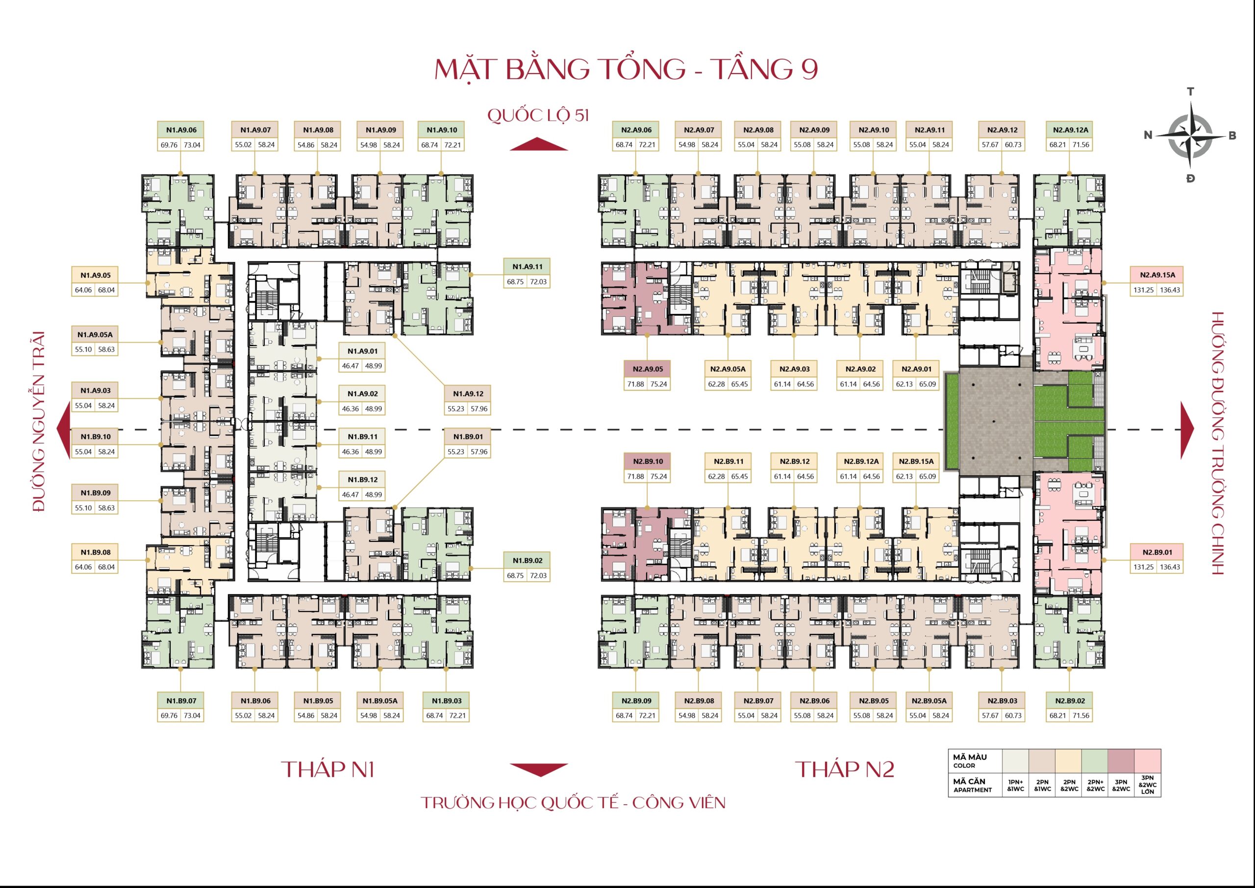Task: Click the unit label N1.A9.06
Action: [x=181, y=129]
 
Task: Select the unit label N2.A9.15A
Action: [x=1156, y=275]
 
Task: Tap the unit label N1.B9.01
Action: [x=467, y=436]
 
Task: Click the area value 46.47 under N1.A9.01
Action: [x=351, y=366]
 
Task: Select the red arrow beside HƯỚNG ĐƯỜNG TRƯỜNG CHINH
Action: [x=1187, y=430]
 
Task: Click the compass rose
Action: [x=1190, y=135]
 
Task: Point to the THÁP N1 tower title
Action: [x=327, y=769]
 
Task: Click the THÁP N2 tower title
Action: [x=845, y=769]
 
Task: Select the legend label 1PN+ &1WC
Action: [x=1015, y=786]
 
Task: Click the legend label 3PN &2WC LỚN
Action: [x=1147, y=785]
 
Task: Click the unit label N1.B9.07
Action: [x=181, y=701]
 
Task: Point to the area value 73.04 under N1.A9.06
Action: [x=192, y=145]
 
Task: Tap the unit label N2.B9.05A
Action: [x=929, y=701]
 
